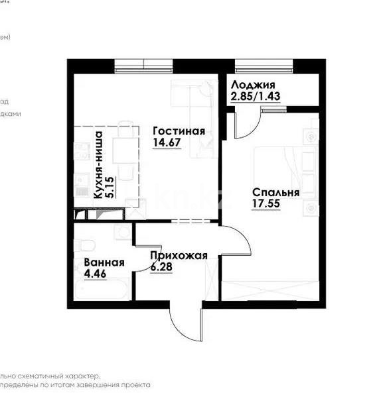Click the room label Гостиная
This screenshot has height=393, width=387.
point(178,131)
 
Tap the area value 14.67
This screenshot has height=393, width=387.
point(167,142)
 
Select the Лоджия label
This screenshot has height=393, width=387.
point(252,85)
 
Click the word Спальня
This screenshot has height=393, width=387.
point(275,193)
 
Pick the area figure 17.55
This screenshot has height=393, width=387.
point(266,205)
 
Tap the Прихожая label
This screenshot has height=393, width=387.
point(179,256)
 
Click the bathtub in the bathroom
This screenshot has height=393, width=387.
point(103,292)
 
